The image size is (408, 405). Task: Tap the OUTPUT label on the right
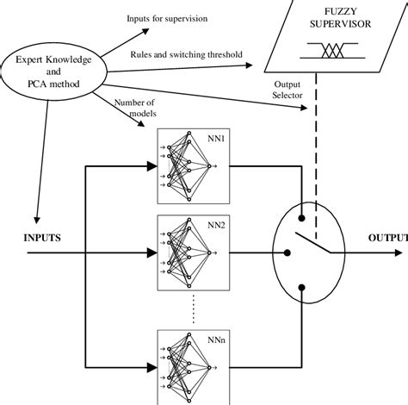387,237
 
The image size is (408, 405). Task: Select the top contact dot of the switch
300,203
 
